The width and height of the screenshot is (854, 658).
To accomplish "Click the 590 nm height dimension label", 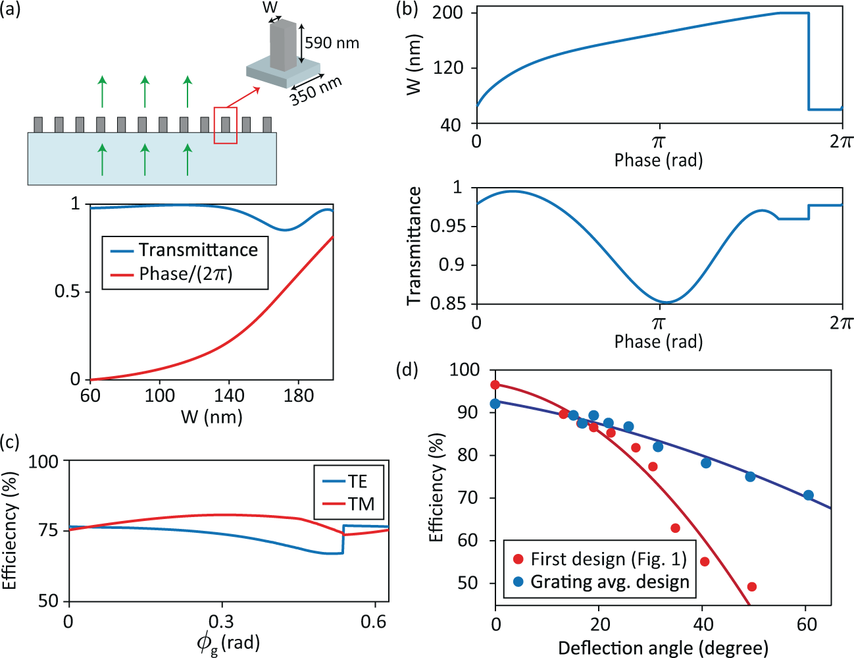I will click(332, 43).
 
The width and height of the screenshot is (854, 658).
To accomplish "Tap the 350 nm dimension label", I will click(316, 90).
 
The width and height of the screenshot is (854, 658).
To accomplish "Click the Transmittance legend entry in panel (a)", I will click(197, 250).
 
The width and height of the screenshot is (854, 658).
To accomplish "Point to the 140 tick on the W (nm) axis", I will click(229, 395).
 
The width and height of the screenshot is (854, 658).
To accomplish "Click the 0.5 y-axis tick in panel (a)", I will click(67, 291).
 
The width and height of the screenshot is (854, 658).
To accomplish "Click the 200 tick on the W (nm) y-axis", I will click(447, 13).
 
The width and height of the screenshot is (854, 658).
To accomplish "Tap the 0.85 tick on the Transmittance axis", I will click(447, 304).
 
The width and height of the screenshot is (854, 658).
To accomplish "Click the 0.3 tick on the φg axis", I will click(221, 622).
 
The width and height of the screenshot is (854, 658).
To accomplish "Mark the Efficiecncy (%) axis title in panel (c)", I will click(10, 531).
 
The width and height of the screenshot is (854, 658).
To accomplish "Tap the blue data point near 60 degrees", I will click(809, 495).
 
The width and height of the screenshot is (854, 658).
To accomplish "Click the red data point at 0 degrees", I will click(495, 385).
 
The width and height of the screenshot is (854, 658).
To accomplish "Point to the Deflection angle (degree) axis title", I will click(663, 648).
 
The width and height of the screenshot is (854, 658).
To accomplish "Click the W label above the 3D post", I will click(270, 8).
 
